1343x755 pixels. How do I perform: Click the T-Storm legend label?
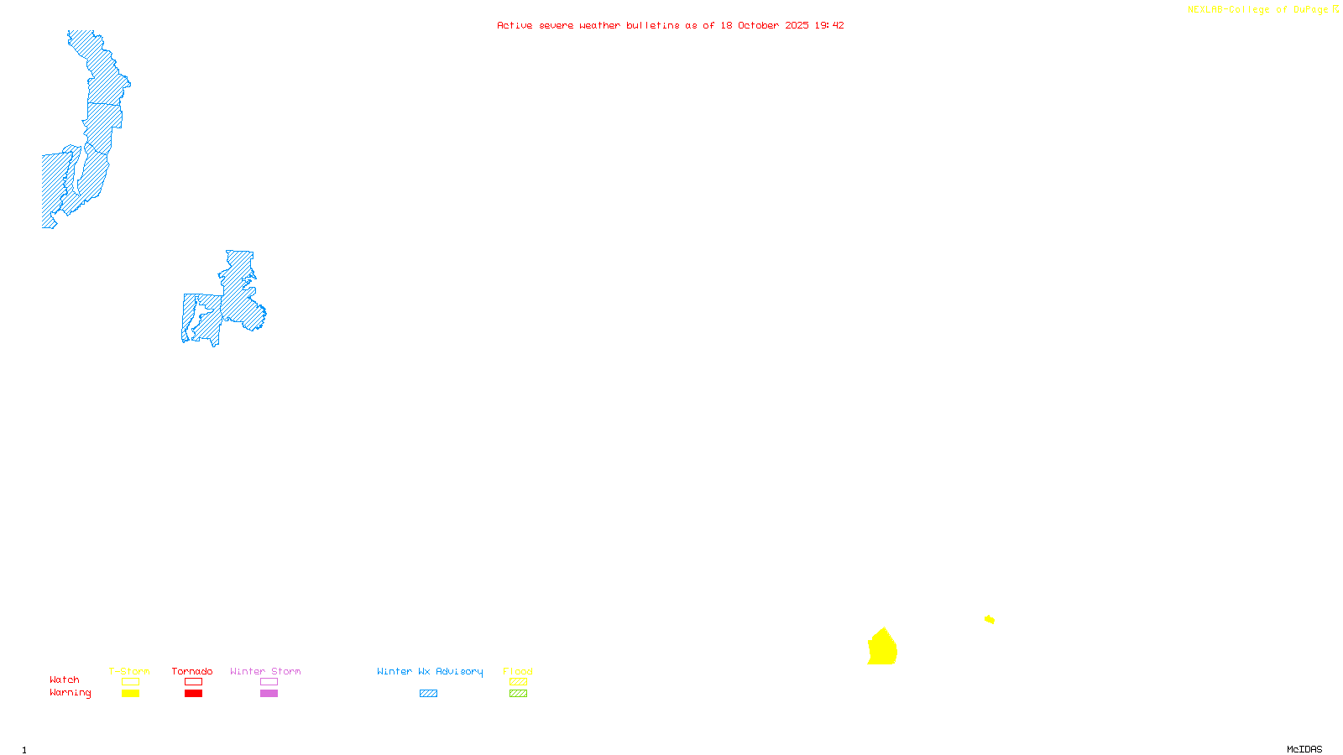pos(129,671)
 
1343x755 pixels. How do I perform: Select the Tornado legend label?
pos(192,671)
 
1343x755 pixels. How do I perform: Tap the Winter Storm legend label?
pos(265,671)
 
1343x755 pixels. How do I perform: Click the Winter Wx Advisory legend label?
pos(430,671)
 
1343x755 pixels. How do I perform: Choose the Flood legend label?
pos(518,671)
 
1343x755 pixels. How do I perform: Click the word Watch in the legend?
pos(65,679)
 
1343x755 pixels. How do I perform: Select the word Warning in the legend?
pos(71,693)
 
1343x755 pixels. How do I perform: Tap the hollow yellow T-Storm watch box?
pos(130,682)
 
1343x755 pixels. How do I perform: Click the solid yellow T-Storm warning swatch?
pos(130,694)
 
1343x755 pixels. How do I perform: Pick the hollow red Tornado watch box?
pos(193,682)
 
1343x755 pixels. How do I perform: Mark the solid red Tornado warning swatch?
pos(193,694)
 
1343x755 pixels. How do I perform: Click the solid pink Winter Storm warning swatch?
pos(269,694)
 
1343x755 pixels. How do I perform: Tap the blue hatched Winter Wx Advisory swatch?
pos(428,694)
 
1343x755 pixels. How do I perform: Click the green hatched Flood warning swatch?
pos(518,694)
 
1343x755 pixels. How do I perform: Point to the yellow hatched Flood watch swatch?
pos(518,682)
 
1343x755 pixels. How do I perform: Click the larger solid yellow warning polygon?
pos(882,648)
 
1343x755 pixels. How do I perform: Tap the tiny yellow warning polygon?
pos(990,619)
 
